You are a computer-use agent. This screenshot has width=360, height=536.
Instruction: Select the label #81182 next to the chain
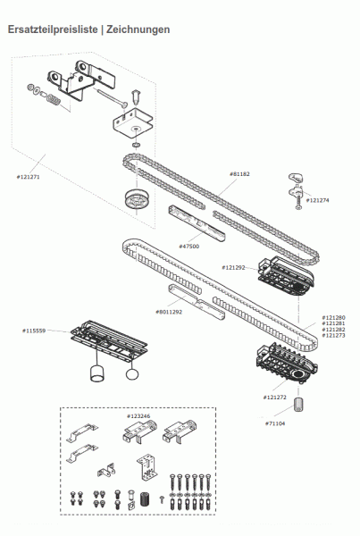[x=241, y=174]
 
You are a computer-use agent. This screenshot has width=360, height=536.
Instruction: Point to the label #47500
[x=188, y=246]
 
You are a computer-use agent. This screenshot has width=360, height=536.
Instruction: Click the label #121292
[x=234, y=267]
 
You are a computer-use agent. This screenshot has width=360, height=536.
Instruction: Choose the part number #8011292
[x=169, y=312]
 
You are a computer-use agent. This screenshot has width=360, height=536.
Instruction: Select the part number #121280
[x=333, y=317]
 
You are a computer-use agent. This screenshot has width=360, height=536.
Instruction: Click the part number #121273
[x=333, y=336]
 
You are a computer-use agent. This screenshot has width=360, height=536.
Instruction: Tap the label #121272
[x=275, y=397]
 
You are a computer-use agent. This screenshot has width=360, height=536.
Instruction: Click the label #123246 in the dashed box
[x=138, y=415]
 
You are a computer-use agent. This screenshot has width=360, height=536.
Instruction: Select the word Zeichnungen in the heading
[x=137, y=29]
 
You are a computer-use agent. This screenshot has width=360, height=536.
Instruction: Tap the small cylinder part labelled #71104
[x=300, y=406]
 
